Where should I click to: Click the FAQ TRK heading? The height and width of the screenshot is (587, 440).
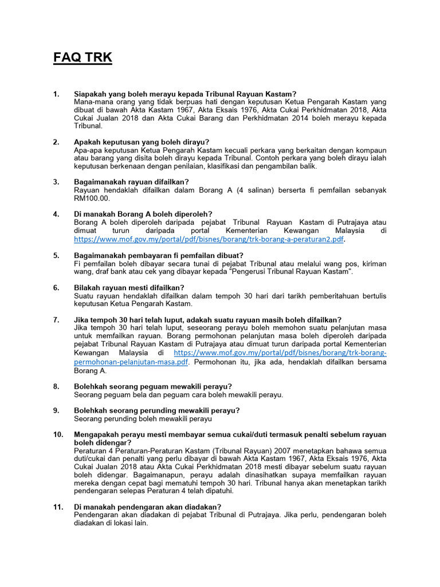[83, 57]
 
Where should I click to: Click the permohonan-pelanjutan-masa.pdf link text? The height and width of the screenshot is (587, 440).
[131, 362]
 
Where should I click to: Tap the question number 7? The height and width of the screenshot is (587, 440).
[56, 319]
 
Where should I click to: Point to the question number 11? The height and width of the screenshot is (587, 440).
[58, 507]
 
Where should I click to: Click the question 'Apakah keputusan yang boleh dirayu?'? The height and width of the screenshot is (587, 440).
[142, 142]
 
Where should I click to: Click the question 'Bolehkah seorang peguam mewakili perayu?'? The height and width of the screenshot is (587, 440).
[153, 386]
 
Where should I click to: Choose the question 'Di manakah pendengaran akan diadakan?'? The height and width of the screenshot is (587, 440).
[147, 507]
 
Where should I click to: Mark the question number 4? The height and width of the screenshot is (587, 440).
[56, 214]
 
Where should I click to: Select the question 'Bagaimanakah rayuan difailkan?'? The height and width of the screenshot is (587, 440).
[131, 182]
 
